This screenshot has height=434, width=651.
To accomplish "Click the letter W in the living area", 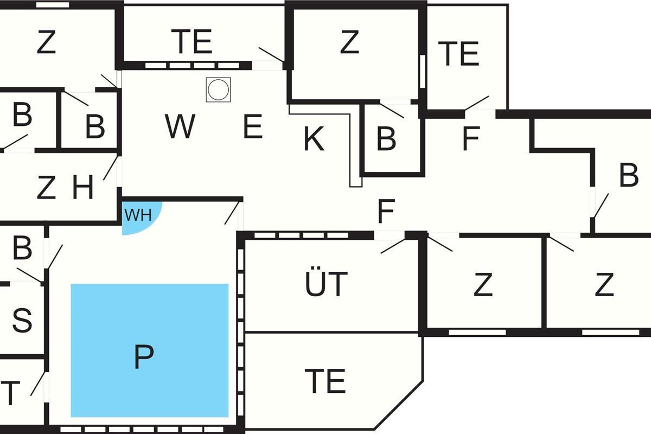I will pos(180,127).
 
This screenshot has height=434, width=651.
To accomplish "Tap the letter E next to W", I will pos(253,128).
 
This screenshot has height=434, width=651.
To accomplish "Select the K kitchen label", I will pos(314,139).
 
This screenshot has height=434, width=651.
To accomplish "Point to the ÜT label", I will pos(326,284).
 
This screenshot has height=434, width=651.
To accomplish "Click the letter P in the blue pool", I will pos(143,357).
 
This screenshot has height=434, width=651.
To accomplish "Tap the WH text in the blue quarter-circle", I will pos(137,215).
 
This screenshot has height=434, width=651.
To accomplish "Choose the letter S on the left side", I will pos(22,320).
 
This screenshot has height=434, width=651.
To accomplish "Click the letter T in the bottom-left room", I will pos(11,393).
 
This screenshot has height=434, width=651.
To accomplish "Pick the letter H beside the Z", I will pos(83,188).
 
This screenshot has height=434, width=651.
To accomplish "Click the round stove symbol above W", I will pos(218,89).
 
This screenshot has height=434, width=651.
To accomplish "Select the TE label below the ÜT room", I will pos(325,380).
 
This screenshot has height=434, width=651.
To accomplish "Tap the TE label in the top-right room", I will pos(459,54).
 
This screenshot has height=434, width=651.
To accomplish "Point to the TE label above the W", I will pos(192,41).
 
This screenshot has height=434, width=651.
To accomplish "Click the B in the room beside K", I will pos(386,139).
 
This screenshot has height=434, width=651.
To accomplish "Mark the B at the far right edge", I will pos(629,176).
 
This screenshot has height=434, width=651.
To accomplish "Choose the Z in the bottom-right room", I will pos(604,285).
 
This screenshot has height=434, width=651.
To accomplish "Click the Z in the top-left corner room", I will pos(46,43).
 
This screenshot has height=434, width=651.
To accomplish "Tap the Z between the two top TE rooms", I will pos(349,42).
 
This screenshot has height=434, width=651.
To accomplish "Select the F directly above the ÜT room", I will pos(385,212).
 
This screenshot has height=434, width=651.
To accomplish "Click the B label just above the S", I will pos(22,248).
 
